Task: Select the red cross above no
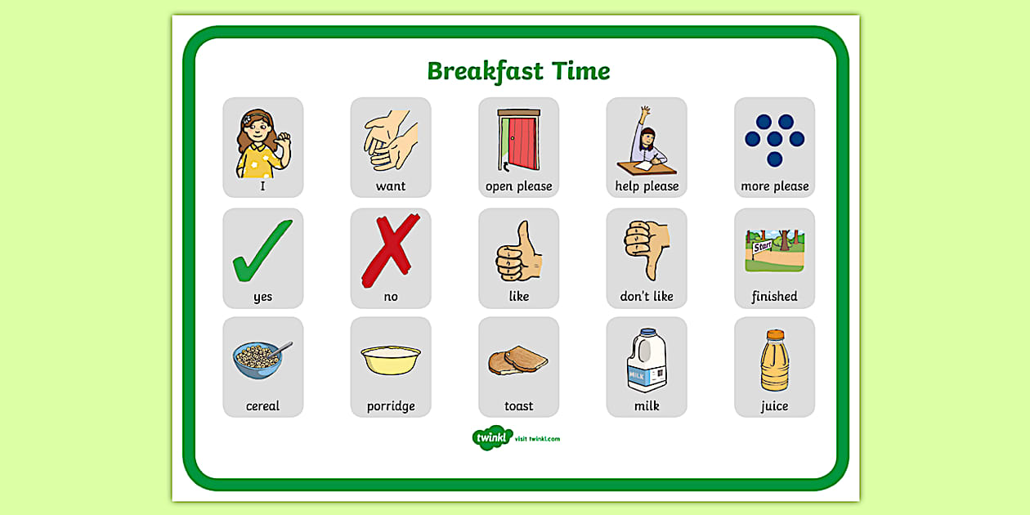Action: [390, 250]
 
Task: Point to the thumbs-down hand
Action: [647, 248]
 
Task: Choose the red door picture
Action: [519, 141]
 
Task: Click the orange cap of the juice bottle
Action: [775, 334]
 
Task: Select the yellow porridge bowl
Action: [391, 358]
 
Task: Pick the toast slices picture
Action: [518, 360]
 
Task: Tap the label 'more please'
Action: [774, 186]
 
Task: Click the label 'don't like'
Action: [647, 297]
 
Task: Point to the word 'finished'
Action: [774, 297]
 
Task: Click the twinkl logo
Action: [492, 438]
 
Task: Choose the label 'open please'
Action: [519, 186]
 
